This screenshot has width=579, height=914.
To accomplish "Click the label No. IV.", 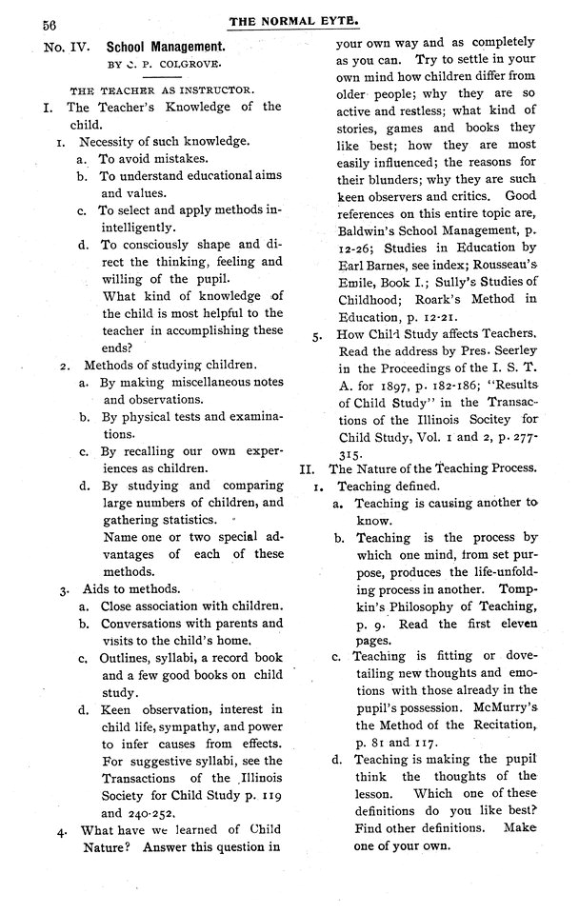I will click(x=64, y=46).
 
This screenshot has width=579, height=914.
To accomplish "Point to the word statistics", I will click(x=198, y=520).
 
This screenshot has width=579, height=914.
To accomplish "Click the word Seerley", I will click(x=512, y=349).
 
